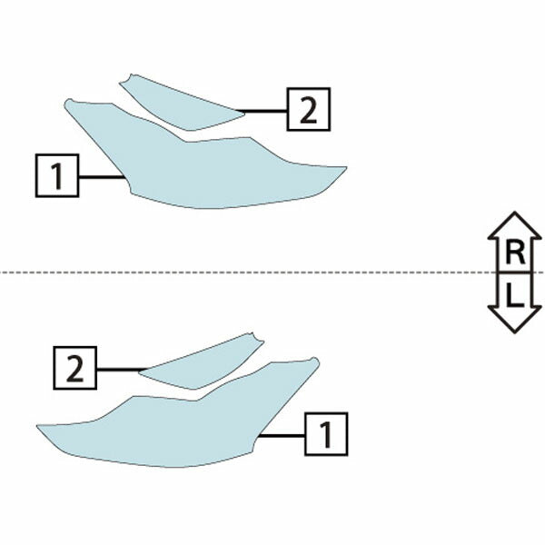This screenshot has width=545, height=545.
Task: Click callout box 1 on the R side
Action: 57,175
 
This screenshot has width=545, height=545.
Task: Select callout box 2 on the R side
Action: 308,110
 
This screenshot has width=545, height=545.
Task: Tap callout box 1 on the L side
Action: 326,434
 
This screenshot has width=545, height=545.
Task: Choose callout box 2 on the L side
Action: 74,368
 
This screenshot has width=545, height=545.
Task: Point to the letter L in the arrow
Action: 515,295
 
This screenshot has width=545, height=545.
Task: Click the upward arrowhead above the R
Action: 515,225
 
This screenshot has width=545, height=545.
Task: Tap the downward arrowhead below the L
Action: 515,319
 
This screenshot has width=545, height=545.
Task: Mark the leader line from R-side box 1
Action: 102,177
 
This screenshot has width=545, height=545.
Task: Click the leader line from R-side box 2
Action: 263,111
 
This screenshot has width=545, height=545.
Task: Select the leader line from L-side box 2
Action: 122,369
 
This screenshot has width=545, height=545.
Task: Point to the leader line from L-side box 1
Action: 282,435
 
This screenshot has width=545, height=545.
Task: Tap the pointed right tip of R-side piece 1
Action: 347,167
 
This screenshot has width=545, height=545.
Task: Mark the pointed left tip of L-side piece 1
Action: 37,426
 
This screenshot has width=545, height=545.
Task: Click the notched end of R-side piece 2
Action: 126,79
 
